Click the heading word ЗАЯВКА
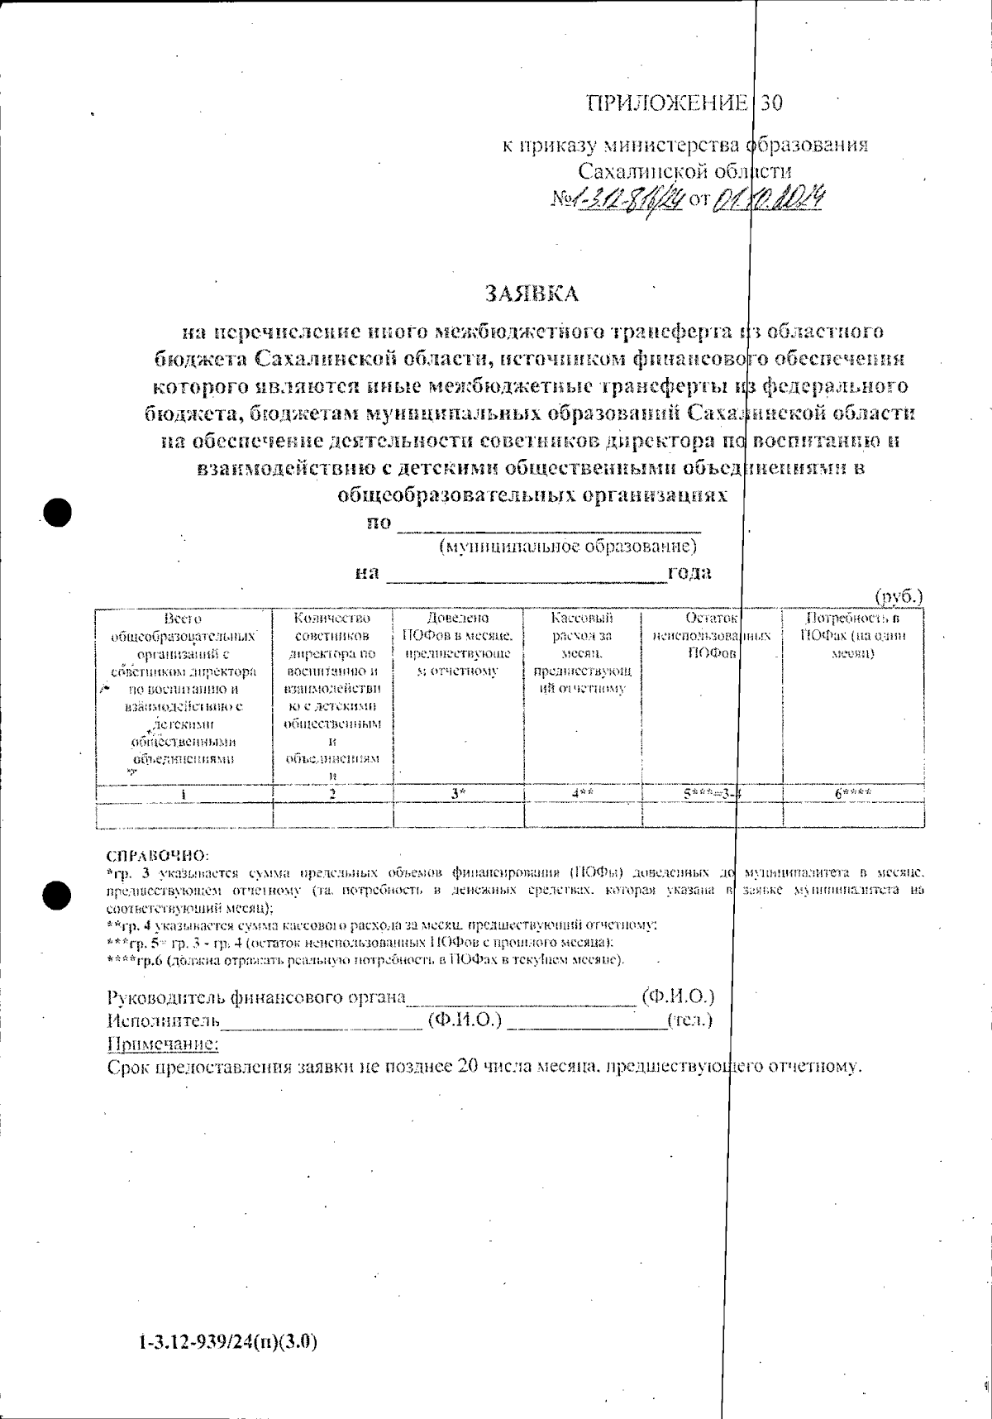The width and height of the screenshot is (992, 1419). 532,294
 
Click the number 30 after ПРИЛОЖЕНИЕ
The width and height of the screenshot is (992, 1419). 770,103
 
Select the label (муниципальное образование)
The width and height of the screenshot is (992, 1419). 569,547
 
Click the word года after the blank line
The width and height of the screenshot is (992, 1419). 689,572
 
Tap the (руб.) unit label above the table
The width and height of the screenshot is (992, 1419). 899,597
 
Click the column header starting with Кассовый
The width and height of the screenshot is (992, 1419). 582,652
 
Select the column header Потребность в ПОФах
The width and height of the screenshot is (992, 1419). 853,635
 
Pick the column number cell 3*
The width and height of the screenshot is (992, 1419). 458,793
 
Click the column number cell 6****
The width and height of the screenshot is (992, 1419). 853,793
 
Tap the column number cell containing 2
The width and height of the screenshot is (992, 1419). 332,793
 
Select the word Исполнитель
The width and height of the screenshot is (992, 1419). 165,1020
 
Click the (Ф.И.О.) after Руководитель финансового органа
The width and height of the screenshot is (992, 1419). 678,996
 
